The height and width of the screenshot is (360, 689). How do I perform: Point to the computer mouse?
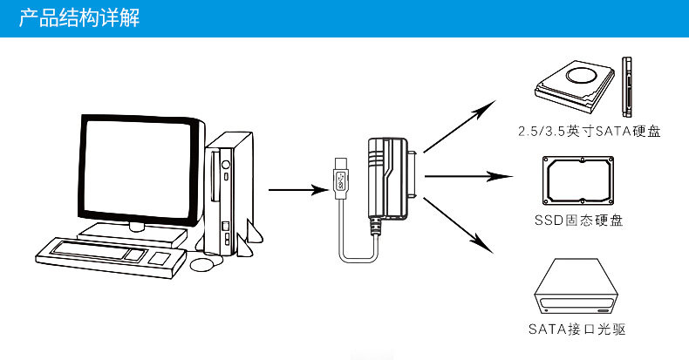pos(202,262)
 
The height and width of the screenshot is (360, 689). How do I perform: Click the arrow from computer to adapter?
pos(296,188)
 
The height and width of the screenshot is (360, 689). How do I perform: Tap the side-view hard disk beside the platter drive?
pos(626,87)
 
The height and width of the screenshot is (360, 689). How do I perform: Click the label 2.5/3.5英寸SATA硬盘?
pos(587,132)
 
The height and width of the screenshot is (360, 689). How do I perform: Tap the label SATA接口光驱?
pos(577,329)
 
